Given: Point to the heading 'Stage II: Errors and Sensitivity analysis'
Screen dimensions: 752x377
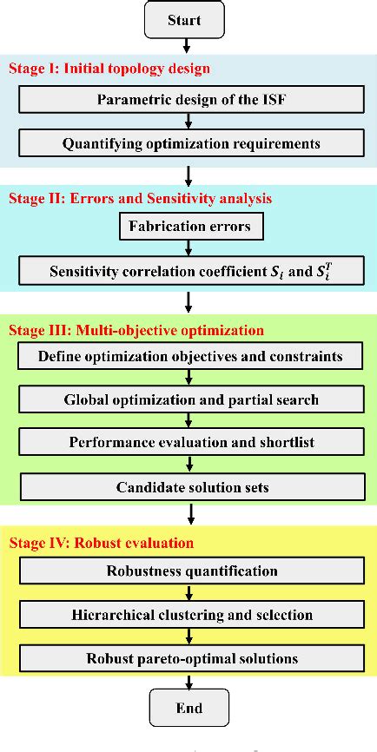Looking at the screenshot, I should point(140,198).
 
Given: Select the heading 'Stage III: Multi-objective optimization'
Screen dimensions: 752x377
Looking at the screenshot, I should point(136,330).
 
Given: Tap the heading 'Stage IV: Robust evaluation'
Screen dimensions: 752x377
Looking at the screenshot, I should point(101,544).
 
